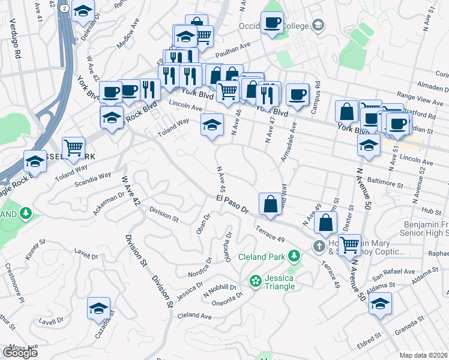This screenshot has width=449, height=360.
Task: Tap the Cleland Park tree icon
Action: click(x=294, y=257)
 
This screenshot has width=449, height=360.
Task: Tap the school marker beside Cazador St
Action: click(x=98, y=308)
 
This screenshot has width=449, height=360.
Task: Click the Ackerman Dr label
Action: click(x=109, y=204)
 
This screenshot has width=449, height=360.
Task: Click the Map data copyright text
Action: click(x=424, y=355)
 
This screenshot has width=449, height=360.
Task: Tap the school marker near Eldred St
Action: click(x=380, y=304)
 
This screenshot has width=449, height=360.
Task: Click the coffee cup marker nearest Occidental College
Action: click(x=273, y=23)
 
